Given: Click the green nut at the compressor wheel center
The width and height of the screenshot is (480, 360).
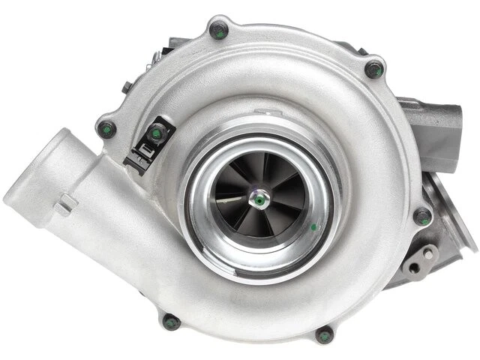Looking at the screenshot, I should (259, 200).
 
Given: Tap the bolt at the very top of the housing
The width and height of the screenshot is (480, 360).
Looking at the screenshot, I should (217, 30).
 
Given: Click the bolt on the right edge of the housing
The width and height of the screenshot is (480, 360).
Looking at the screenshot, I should (422, 217).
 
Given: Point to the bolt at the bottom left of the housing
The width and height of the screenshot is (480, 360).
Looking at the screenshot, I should (171, 322).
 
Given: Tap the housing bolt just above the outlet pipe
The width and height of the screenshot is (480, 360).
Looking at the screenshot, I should (107, 128).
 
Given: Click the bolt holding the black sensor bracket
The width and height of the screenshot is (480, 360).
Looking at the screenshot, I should (156, 133).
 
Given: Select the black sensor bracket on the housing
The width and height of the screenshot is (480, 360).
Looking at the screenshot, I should (147, 146).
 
